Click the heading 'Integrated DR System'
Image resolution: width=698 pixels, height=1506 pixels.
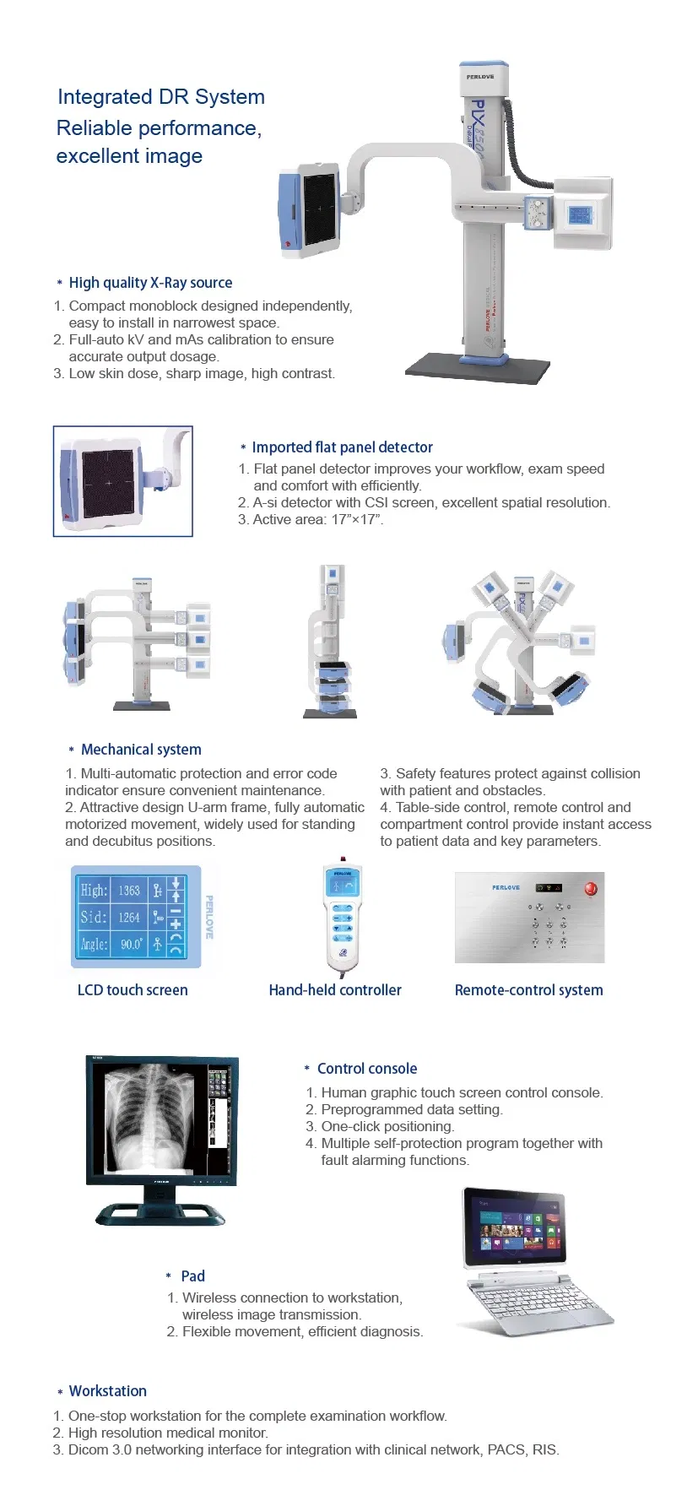click(x=161, y=97)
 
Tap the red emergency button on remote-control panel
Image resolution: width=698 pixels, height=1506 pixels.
click(x=591, y=888)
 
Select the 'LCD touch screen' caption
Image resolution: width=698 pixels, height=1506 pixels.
click(x=133, y=990)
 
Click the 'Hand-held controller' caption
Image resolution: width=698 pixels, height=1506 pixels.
click(x=335, y=990)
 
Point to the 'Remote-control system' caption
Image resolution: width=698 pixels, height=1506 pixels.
click(x=528, y=990)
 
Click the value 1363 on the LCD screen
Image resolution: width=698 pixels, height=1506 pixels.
click(x=129, y=890)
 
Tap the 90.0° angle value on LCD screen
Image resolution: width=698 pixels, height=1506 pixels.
click(x=131, y=944)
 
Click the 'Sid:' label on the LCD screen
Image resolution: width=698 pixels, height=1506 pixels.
click(x=94, y=917)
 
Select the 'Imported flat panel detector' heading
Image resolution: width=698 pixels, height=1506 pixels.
click(x=342, y=447)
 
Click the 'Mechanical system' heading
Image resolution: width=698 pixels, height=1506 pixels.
click(x=141, y=750)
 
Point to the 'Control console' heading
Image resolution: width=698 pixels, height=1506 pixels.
click(x=367, y=1069)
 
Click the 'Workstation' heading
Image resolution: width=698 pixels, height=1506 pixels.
click(x=107, y=1391)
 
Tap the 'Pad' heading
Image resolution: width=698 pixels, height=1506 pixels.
click(x=192, y=1276)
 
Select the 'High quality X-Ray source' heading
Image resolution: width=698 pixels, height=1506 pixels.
click(x=150, y=283)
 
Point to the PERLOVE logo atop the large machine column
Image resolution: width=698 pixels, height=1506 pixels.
click(x=481, y=76)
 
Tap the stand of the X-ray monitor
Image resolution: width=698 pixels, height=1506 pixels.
click(x=160, y=1209)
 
